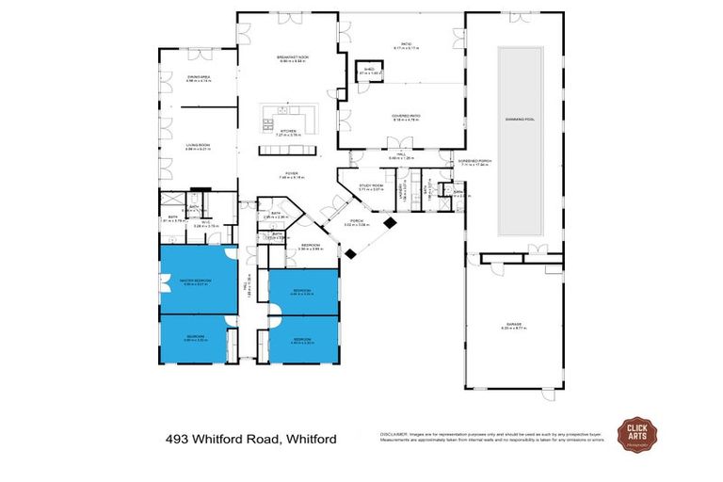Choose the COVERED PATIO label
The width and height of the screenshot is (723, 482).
pyautogui.click(x=405, y=117)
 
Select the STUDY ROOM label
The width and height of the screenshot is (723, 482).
pyautogui.click(x=371, y=187)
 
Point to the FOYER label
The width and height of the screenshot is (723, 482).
pyautogui.click(x=293, y=174)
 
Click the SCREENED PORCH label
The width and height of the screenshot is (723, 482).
pyautogui.click(x=474, y=161)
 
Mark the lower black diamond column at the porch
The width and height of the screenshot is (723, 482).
pyautogui.click(x=350, y=252)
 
